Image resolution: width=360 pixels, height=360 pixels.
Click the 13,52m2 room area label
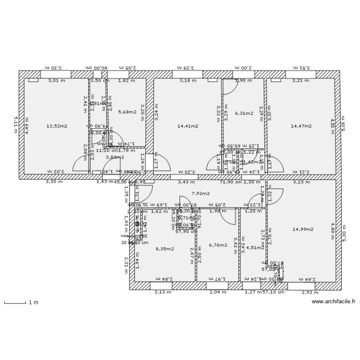click(x=57, y=126)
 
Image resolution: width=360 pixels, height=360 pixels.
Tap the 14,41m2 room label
click(x=187, y=126)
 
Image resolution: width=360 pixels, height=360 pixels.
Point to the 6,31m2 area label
click(x=244, y=113)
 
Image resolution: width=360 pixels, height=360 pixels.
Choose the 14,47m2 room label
click(x=301, y=126)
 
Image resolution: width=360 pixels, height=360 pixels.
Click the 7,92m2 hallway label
click(x=201, y=193)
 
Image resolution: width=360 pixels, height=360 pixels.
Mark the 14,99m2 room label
click(x=302, y=229)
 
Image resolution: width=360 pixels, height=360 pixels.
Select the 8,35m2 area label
click(x=165, y=249)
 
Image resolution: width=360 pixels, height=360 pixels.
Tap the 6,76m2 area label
click(x=218, y=245)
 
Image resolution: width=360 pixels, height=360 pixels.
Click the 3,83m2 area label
click(x=115, y=157)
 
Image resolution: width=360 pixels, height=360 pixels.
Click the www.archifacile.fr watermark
click(x=334, y=302)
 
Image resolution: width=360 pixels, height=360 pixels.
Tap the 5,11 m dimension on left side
click(x=15, y=126)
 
